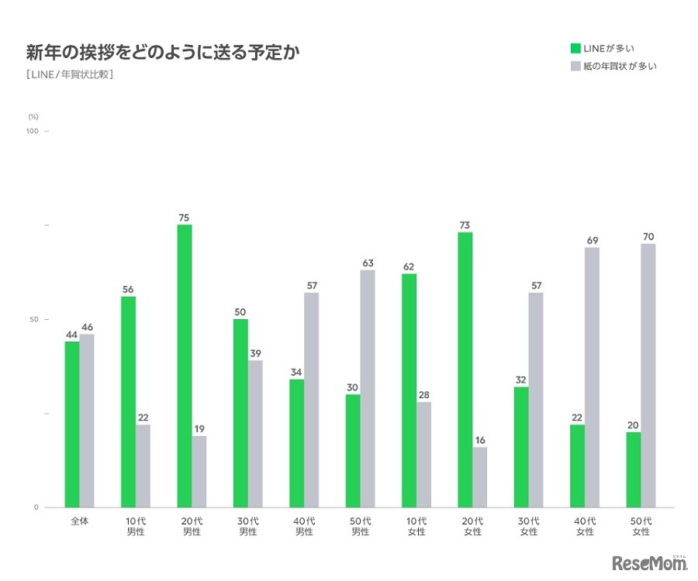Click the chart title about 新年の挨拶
coord(163,53)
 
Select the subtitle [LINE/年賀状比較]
coord(70,75)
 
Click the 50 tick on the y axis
coord(34,319)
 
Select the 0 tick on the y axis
coord(36,507)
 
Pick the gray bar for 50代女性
coord(648,376)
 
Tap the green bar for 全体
coord(72,425)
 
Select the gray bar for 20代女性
coord(480,477)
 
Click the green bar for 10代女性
coord(409,390)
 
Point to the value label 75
coord(185,218)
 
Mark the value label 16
coord(480,440)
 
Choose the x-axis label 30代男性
coord(248,526)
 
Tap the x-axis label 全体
coord(79,521)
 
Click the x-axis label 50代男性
coord(361,526)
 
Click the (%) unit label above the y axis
coord(33,115)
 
